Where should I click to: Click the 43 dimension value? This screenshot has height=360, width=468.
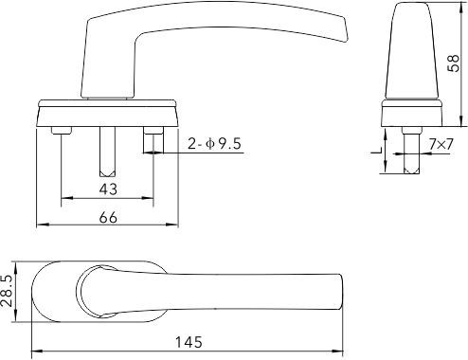(108, 189)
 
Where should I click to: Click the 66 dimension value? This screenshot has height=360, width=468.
(108, 217)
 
